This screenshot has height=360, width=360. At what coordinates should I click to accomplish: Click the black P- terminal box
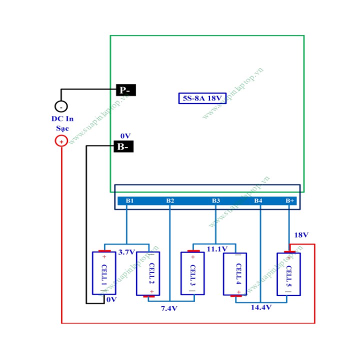pyautogui.click(x=125, y=90)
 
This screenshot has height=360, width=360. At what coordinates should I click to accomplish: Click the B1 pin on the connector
pyautogui.click(x=130, y=201)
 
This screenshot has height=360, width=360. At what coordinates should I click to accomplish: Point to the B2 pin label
pyautogui.click(x=170, y=201)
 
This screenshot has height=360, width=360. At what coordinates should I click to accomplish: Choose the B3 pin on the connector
pyautogui.click(x=215, y=201)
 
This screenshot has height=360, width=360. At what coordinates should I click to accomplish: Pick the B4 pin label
pyautogui.click(x=258, y=201)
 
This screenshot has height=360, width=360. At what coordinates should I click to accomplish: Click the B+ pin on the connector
pyautogui.click(x=289, y=201)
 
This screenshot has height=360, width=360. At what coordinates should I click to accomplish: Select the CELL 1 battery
pyautogui.click(x=104, y=273)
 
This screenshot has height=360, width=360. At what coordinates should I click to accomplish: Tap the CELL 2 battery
pyautogui.click(x=148, y=273)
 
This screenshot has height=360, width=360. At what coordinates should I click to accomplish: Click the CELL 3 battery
pyautogui.click(x=192, y=273)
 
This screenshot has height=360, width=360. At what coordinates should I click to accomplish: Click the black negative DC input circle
pyautogui.click(x=61, y=106)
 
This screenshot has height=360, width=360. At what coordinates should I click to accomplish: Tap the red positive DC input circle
pyautogui.click(x=61, y=141)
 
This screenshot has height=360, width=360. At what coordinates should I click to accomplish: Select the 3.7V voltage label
pyautogui.click(x=126, y=252)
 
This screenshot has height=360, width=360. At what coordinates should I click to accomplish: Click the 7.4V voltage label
pyautogui.click(x=169, y=308)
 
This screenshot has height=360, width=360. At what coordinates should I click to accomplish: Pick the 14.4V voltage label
pyautogui.click(x=261, y=307)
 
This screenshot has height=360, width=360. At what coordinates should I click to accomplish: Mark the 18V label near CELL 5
pyautogui.click(x=301, y=235)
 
